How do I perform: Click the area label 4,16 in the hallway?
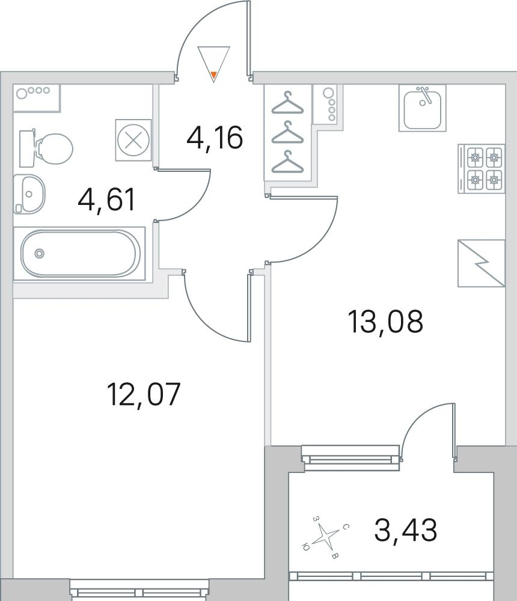(215, 138)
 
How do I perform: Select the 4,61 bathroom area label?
(106, 200)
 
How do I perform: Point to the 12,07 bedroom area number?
(144, 394)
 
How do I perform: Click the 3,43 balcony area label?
(406, 529)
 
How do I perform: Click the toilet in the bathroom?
(46, 148)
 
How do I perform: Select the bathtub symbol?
(80, 254)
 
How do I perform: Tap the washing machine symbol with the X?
(133, 140)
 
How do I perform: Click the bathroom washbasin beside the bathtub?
(29, 194)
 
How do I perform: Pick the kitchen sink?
(422, 108)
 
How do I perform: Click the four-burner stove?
(482, 169)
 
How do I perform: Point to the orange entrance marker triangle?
(214, 75)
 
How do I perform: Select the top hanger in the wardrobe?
(287, 103)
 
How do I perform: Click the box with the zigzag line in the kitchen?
(482, 263)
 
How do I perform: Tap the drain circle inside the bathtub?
(39, 253)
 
